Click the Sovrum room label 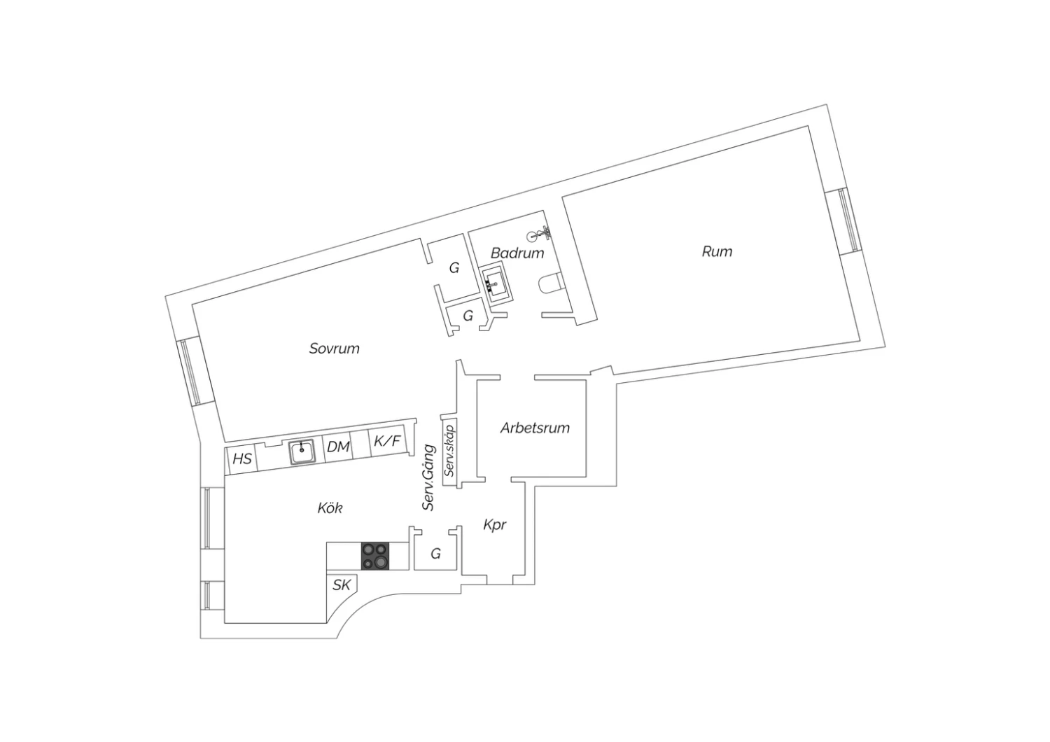(x=334, y=349)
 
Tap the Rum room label (x=717, y=252)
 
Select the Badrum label (x=517, y=253)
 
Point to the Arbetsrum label (x=535, y=428)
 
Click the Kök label (x=330, y=507)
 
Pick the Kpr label (x=494, y=525)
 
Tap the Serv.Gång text (x=428, y=477)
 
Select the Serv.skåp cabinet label (x=449, y=450)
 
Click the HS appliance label (x=242, y=458)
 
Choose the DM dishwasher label (x=338, y=447)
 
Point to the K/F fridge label (x=387, y=440)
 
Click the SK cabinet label (x=342, y=585)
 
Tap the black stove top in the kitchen (x=375, y=556)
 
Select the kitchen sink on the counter (x=302, y=452)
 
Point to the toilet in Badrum (x=552, y=284)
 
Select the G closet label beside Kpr (x=435, y=554)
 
